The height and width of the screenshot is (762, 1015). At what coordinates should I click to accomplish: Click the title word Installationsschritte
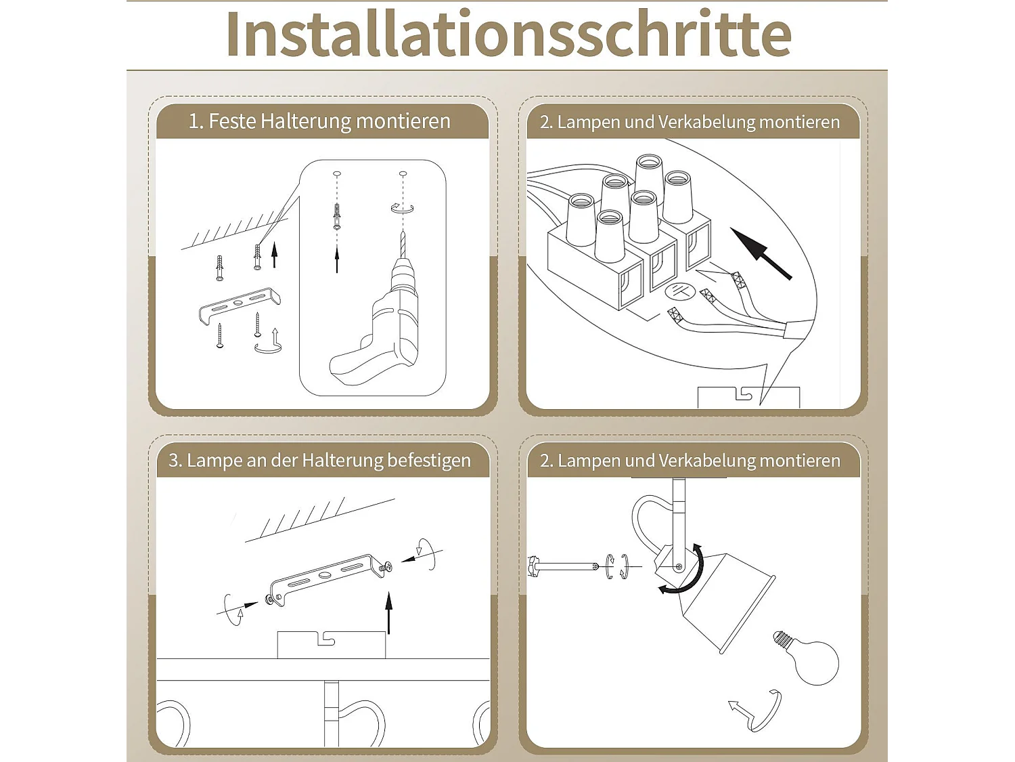(507, 35)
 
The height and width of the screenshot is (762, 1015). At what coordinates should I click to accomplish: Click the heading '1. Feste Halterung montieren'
(319, 121)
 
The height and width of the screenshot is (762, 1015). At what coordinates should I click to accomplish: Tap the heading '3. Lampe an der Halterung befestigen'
(319, 461)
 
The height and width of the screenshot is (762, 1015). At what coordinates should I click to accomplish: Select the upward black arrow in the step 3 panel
(389, 613)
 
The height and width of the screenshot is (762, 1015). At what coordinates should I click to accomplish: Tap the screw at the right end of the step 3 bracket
(387, 568)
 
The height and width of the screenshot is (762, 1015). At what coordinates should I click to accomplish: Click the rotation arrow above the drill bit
(402, 208)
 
